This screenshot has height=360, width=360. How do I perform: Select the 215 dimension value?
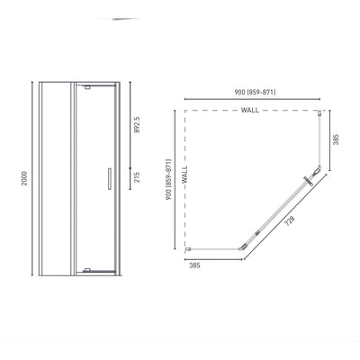tap(136, 177)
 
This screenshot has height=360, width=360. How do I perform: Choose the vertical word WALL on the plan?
tap(184, 175)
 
